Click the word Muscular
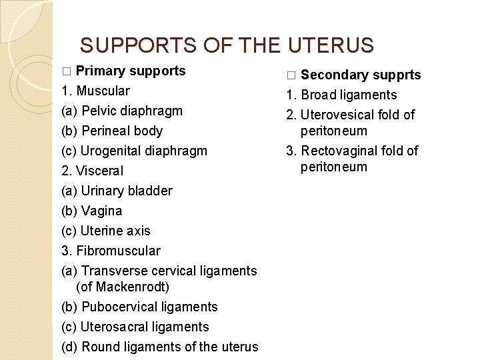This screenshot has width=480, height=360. click(103, 91)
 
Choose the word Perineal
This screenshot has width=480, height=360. click(105, 131)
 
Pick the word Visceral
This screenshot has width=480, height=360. click(99, 171)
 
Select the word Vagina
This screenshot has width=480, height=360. click(101, 211)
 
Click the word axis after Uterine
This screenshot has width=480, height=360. click(140, 231)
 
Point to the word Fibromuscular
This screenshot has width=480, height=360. click(118, 251)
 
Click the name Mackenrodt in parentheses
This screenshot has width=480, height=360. click(133, 287)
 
